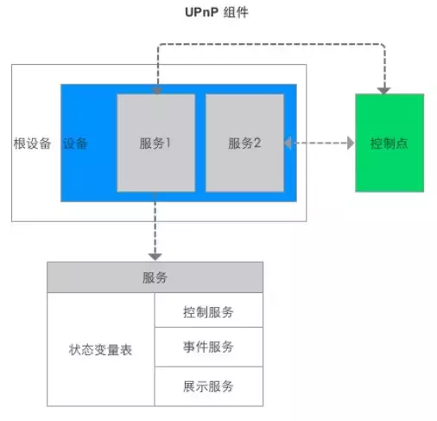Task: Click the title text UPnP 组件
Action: point(217,12)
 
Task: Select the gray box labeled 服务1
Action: point(156,143)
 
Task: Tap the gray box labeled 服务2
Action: point(244,143)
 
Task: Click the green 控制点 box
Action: point(389,143)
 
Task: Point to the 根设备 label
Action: point(32,144)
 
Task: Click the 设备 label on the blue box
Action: point(75,144)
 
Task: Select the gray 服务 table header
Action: point(155,277)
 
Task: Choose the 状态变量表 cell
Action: point(101,349)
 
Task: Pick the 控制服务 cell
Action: point(209,310)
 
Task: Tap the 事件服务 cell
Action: point(209,347)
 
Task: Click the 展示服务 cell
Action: point(209,386)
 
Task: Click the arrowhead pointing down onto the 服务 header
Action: point(155,257)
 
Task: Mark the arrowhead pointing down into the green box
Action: point(383,91)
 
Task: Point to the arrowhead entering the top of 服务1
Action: point(157,91)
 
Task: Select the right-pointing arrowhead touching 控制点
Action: point(351,143)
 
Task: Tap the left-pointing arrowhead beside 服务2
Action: point(288,143)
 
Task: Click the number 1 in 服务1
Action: point(168,143)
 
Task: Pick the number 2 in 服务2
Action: point(257,143)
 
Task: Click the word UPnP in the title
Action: point(201,12)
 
